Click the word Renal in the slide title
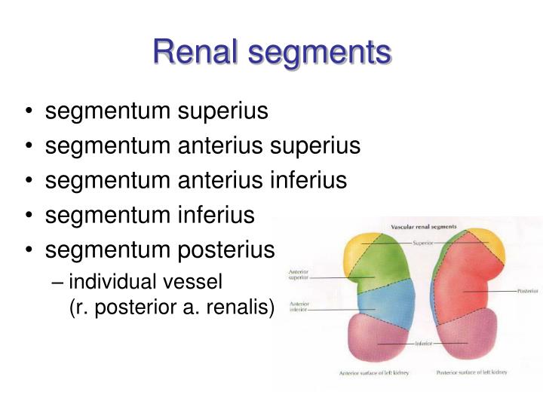pyautogui.click(x=198, y=53)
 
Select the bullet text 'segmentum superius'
pyautogui.click(x=156, y=112)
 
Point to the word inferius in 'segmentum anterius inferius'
pyautogui.click(x=307, y=180)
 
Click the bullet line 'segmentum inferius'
pyautogui.click(x=150, y=215)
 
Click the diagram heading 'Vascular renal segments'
pyautogui.click(x=428, y=227)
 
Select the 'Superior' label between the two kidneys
pyautogui.click(x=423, y=243)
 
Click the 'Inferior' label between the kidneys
pyautogui.click(x=423, y=344)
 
